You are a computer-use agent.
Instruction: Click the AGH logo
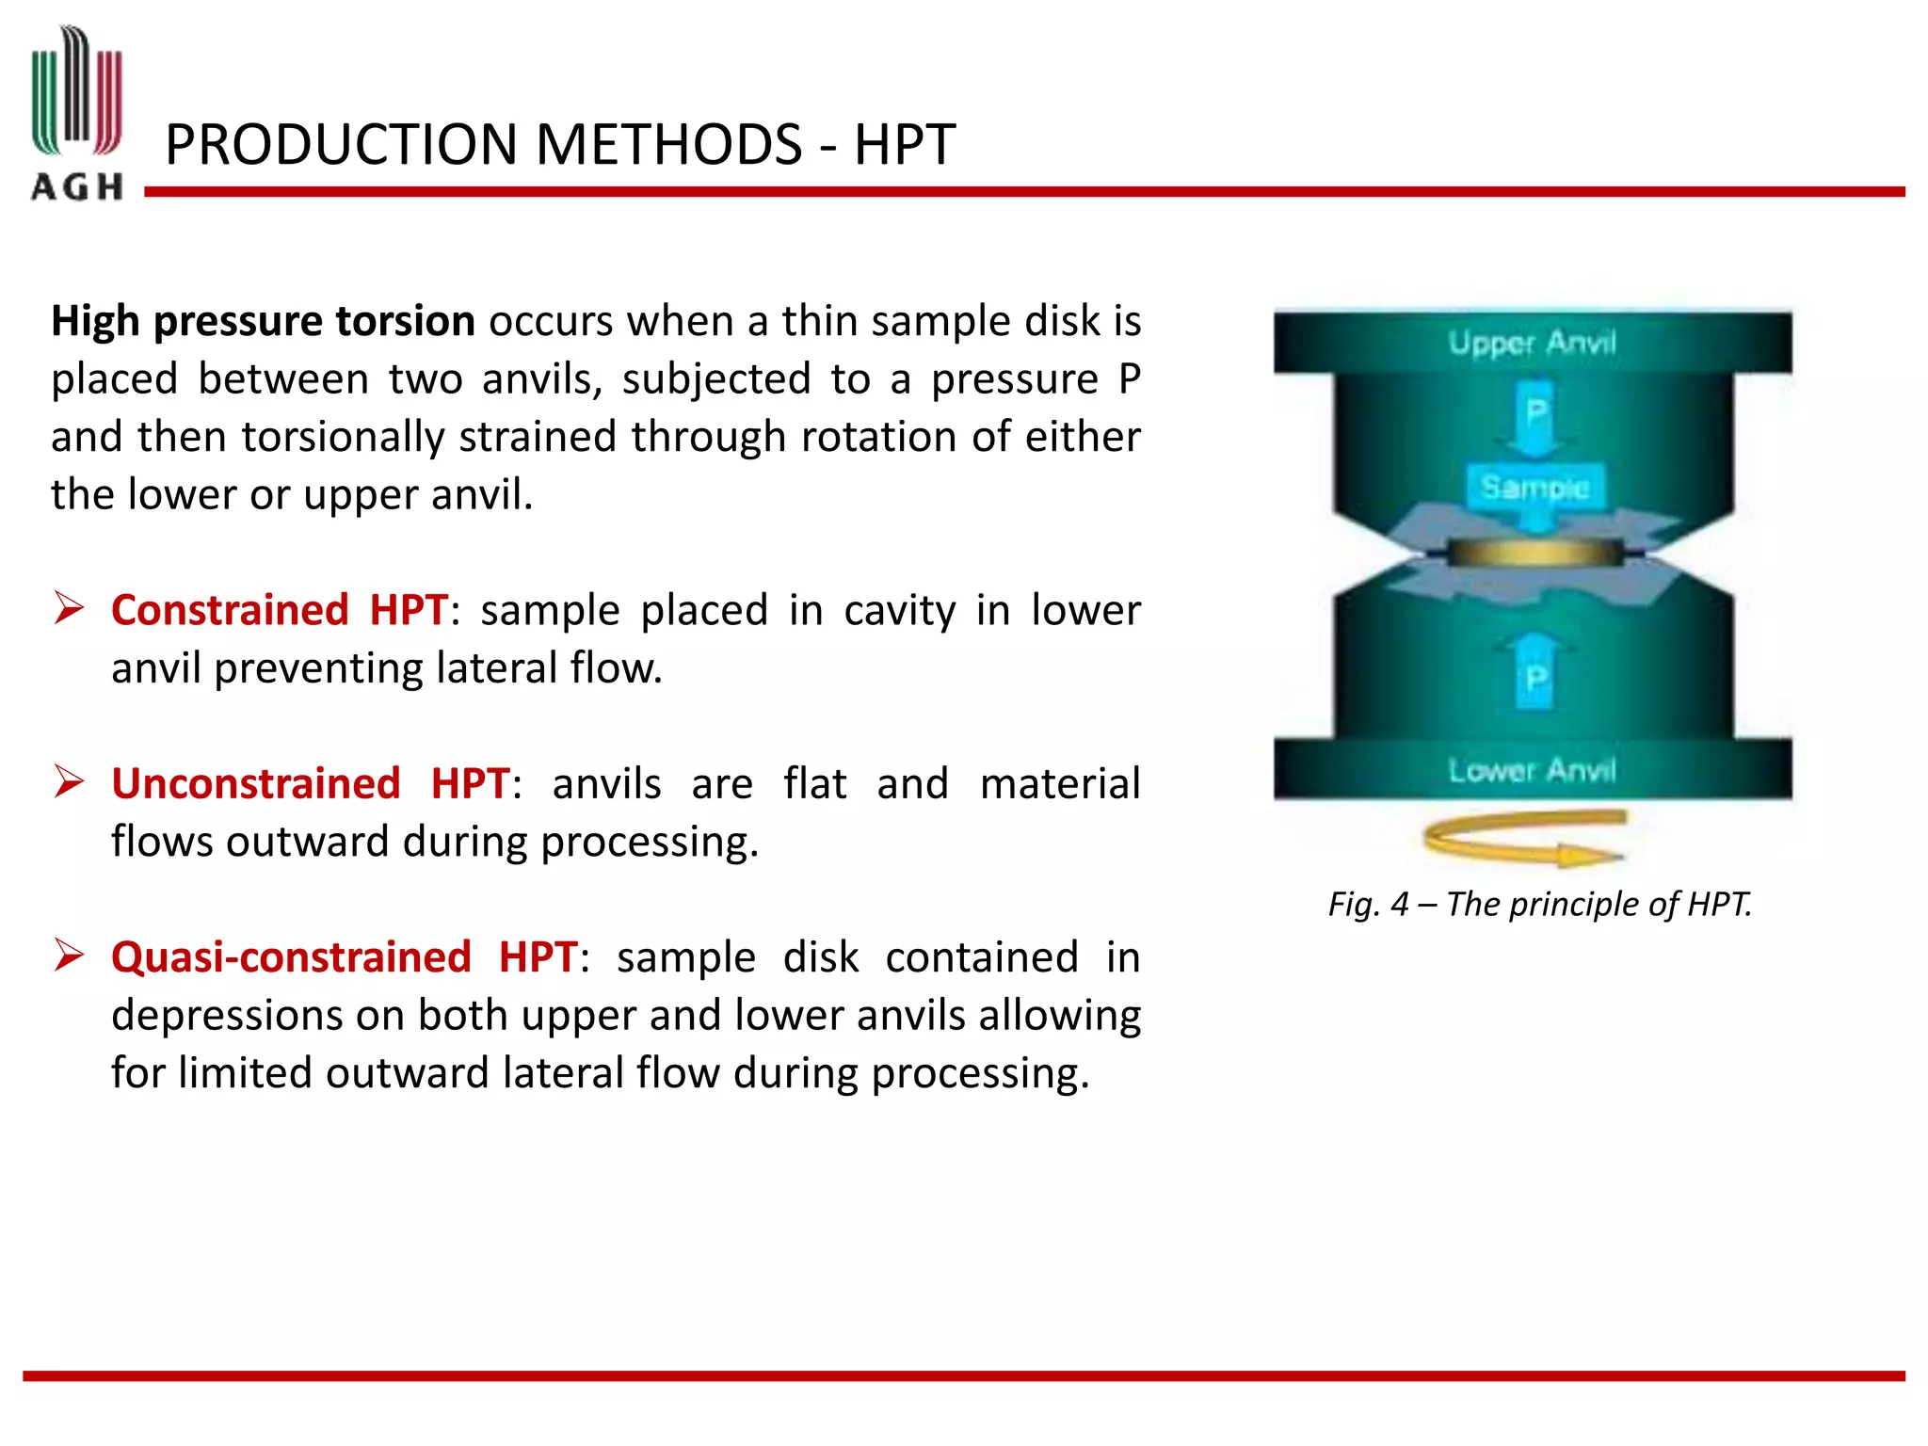tap(77, 113)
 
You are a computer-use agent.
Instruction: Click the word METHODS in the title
tap(669, 145)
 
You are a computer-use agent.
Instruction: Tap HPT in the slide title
tap(904, 145)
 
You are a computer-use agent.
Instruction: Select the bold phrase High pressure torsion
tap(263, 322)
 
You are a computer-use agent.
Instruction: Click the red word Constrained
tap(230, 610)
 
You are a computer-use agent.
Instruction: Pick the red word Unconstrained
tap(256, 783)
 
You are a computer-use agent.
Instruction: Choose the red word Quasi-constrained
tap(291, 957)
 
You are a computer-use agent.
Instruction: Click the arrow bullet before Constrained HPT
tap(70, 608)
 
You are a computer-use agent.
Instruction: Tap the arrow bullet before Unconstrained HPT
tap(70, 781)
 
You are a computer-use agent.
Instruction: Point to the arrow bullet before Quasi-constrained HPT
tap(70, 956)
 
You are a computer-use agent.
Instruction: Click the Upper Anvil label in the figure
tap(1532, 343)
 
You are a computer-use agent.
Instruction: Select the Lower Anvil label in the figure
tap(1532, 771)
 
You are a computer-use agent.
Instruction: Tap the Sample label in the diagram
tap(1534, 487)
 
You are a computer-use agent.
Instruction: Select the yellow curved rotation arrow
tap(1523, 837)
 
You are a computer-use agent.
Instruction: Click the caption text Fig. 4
tap(1368, 905)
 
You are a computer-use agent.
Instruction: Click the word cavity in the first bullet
tap(899, 610)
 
